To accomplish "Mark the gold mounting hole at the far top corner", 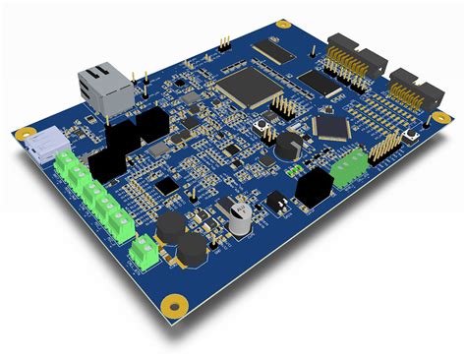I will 282,23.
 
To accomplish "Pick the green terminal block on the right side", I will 348,170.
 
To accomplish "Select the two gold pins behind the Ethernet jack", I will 144,76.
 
